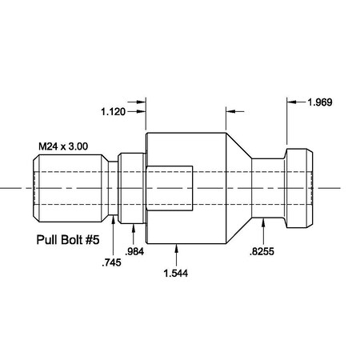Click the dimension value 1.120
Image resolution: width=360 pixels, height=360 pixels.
[x=114, y=112]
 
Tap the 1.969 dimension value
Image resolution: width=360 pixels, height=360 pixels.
[x=322, y=102]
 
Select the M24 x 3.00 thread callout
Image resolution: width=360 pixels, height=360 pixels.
[x=63, y=147]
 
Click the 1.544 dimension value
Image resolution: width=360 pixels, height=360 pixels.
[x=175, y=274]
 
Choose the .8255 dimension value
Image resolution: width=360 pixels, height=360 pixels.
[x=260, y=252]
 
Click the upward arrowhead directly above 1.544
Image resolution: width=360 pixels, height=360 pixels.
[x=175, y=249]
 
